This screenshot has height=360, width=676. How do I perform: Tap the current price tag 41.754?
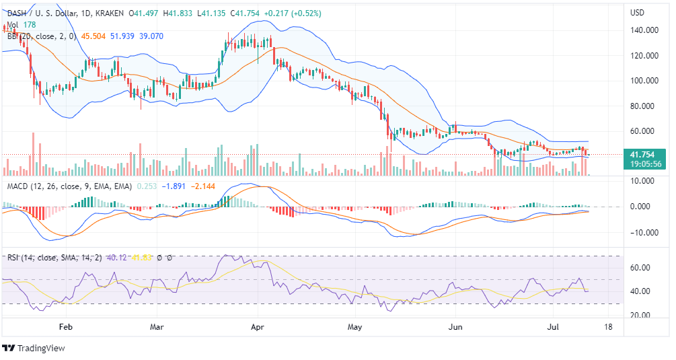pos(644,154)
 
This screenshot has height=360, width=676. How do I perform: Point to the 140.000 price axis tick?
pos(644,30)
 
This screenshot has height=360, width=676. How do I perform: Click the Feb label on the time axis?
pos(65,327)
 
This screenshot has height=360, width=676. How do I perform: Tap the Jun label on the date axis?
pos(455,327)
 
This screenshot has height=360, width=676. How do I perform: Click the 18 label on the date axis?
pos(608,327)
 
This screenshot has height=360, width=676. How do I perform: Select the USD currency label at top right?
pos(637,13)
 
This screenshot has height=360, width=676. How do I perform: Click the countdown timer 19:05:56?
pos(644,164)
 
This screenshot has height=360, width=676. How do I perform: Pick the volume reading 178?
pos(30,24)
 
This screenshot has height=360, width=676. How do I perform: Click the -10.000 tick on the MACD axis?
pos(644,233)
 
